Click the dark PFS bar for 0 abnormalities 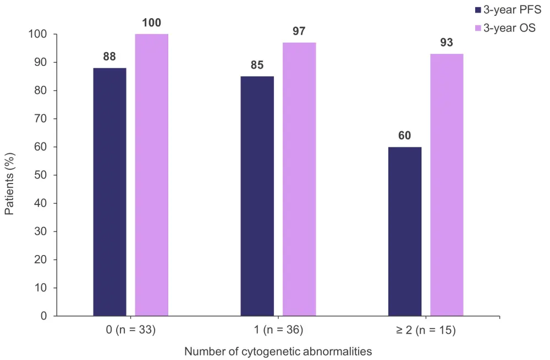click(x=109, y=192)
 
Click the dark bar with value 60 click(x=404, y=231)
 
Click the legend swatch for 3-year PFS click(x=477, y=10)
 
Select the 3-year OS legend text click(x=509, y=28)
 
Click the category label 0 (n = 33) click(x=130, y=330)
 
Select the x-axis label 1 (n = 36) click(x=278, y=330)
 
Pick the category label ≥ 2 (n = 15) click(x=425, y=330)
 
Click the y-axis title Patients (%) click(x=10, y=175)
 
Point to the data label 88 click(x=109, y=57)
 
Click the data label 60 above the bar click(x=404, y=136)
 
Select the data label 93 click(x=447, y=42)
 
